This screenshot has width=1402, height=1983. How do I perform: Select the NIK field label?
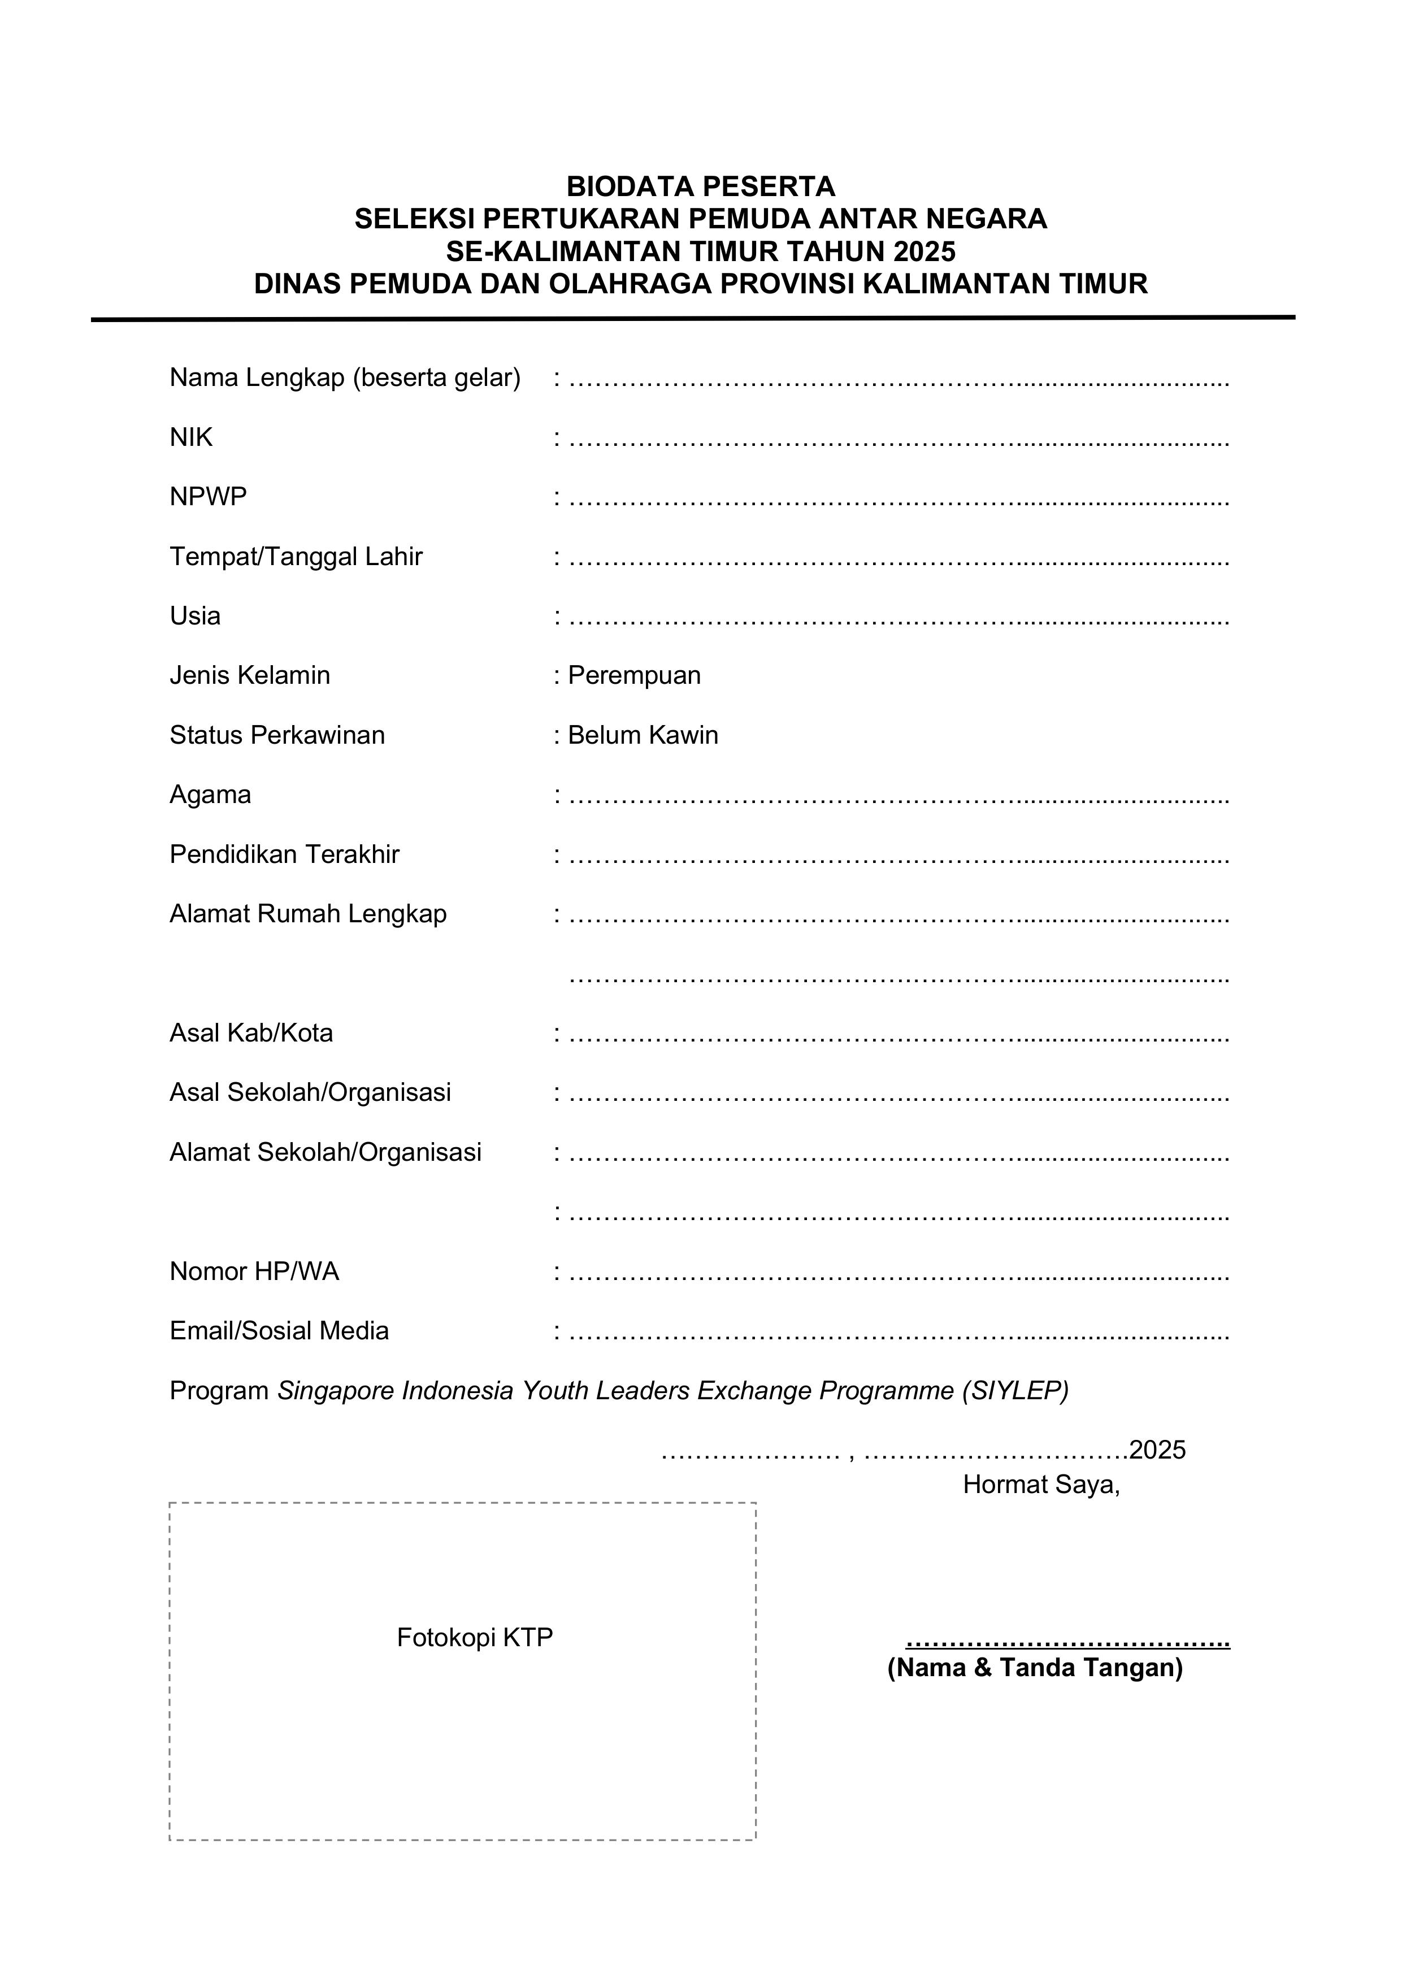(191, 438)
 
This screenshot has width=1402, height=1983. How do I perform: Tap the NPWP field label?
(208, 497)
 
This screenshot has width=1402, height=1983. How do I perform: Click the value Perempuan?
(634, 675)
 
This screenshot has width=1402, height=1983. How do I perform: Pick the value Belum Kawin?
(643, 735)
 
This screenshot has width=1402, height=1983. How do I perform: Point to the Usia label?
(195, 616)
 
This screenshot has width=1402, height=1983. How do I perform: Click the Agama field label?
(210, 795)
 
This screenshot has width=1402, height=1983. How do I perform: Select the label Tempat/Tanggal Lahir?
(296, 556)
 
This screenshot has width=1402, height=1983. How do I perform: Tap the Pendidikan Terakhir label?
(284, 854)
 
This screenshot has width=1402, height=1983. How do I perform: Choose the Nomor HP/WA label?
(254, 1272)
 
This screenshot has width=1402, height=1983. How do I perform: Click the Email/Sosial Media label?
(279, 1331)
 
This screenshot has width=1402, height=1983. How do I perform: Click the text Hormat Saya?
(1041, 1484)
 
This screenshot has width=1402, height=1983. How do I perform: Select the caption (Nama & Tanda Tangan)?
(1035, 1667)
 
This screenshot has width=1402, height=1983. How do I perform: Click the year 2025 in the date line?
(1157, 1450)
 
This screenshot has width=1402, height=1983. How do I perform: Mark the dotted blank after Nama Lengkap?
(899, 380)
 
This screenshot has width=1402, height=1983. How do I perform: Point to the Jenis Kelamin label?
(250, 675)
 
